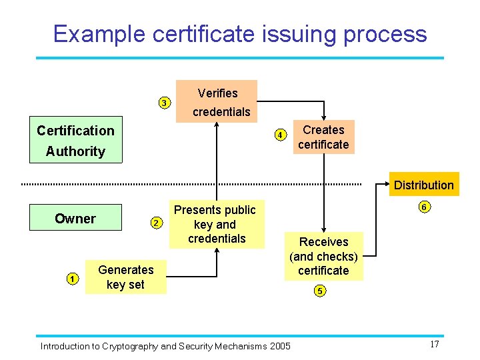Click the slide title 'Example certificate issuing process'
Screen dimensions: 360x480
pos(240,33)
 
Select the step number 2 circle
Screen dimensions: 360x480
pos(155,223)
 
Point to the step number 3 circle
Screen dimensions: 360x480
pos(163,103)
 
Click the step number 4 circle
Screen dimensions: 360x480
pos(281,135)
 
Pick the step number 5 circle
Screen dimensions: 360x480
pos(321,291)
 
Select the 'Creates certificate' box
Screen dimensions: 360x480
pos(323,137)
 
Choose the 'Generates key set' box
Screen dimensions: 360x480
pos(125,277)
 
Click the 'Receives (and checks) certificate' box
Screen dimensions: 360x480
pos(323,256)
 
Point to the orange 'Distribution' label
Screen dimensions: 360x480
pos(423,185)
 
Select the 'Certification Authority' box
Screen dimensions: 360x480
pos(75,141)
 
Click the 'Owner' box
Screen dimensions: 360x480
pos(75,219)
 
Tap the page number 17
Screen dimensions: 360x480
pos(434,345)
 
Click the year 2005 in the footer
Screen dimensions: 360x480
pos(279,346)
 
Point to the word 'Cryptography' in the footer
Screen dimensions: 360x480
pos(128,346)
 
